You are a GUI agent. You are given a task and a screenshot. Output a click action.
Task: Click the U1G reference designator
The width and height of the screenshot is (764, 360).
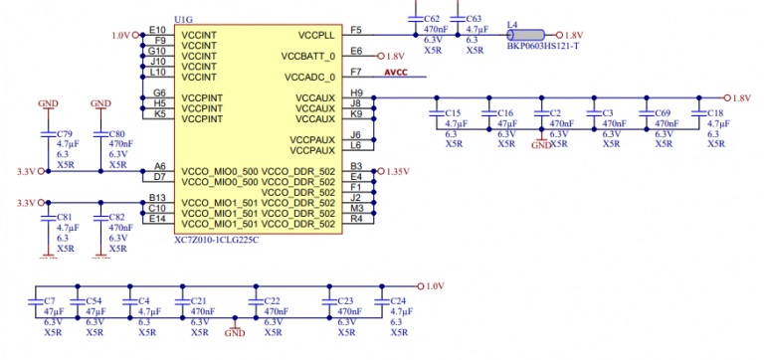184,19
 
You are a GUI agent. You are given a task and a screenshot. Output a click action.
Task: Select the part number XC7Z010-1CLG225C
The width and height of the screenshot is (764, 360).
217,240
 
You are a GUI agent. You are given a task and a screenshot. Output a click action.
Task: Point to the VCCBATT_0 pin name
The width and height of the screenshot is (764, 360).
309,56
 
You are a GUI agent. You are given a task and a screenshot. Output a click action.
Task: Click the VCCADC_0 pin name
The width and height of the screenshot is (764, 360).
310,76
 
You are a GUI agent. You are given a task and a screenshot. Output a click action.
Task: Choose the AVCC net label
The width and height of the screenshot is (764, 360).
397,72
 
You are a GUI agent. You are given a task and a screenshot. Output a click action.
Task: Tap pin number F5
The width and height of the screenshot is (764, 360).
356,30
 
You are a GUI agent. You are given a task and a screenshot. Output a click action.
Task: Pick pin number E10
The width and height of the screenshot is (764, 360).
157,30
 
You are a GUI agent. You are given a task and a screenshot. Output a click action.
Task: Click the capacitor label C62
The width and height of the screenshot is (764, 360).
431,19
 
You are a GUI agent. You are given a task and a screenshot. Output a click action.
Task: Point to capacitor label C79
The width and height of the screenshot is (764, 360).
65,134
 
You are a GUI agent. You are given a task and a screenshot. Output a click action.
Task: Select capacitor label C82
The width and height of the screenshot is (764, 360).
116,217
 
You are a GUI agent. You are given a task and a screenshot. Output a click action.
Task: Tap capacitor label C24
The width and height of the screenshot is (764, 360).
397,300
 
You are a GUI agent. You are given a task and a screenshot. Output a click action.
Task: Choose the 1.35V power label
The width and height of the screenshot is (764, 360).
397,171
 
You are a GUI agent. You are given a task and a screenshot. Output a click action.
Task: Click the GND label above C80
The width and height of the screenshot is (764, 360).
100,103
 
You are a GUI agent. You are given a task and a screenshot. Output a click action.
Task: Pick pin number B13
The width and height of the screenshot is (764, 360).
157,198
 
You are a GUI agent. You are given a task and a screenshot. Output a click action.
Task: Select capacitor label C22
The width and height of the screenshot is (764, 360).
273,300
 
